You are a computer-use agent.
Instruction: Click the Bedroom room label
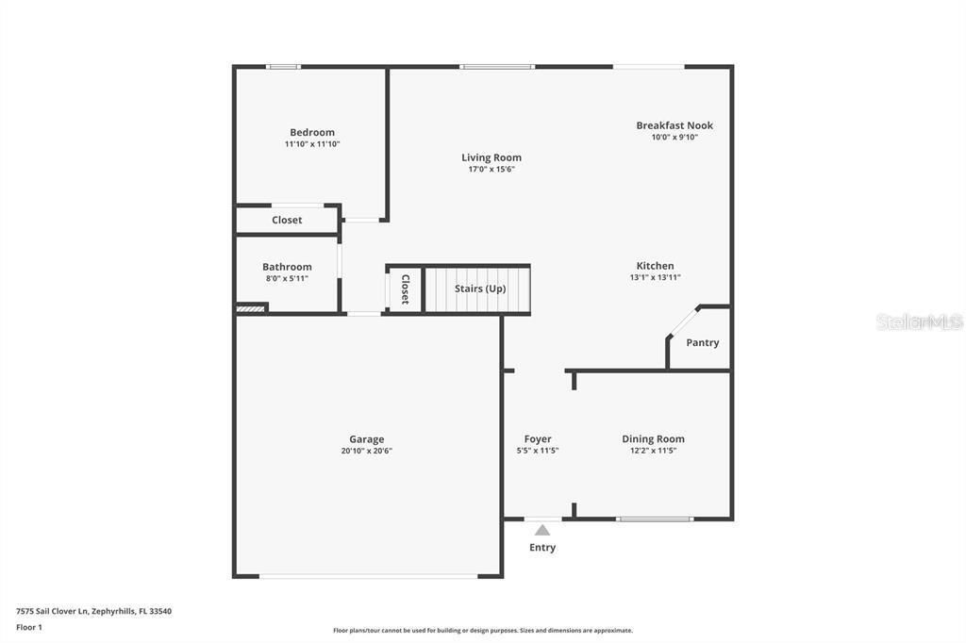pyautogui.click(x=312, y=133)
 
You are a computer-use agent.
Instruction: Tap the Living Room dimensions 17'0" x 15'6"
pyautogui.click(x=491, y=170)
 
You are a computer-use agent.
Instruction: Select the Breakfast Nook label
pyautogui.click(x=675, y=125)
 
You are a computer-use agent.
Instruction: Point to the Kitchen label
pyautogui.click(x=655, y=266)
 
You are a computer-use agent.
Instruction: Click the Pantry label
pyautogui.click(x=703, y=343)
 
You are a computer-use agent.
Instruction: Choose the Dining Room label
pyautogui.click(x=653, y=439)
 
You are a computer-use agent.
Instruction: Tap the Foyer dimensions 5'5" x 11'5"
pyautogui.click(x=538, y=451)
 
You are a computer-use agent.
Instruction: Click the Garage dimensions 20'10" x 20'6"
pyautogui.click(x=367, y=451)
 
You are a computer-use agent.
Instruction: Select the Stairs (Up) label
pyautogui.click(x=480, y=289)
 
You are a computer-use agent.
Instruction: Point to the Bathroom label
pyautogui.click(x=287, y=267)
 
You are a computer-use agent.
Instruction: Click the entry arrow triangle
pyautogui.click(x=542, y=530)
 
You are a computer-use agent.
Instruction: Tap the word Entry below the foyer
pyautogui.click(x=542, y=548)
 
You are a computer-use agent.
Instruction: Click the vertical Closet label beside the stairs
pyautogui.click(x=405, y=289)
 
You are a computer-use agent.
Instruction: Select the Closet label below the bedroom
pyautogui.click(x=287, y=221)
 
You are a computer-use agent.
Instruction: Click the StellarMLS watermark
pyautogui.click(x=919, y=321)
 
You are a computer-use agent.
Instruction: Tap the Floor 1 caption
pyautogui.click(x=29, y=627)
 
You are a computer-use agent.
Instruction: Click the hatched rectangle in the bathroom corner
pyautogui.click(x=251, y=307)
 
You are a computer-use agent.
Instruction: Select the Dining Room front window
pyautogui.click(x=655, y=519)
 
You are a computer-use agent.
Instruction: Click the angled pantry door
pyautogui.click(x=683, y=321)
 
